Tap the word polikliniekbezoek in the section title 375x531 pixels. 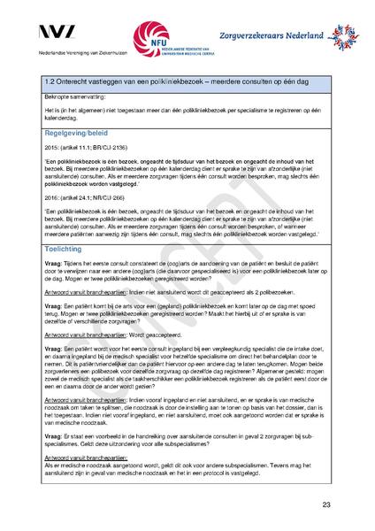coord(167,81)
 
